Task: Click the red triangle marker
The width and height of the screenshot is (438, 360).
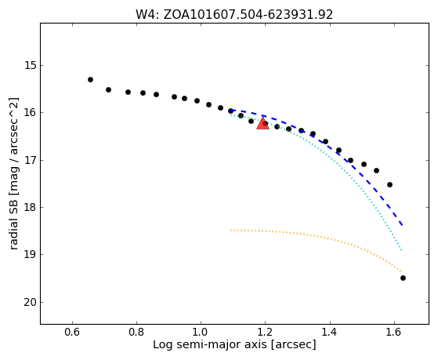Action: tap(262, 123)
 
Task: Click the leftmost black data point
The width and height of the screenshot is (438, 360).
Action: tap(90, 80)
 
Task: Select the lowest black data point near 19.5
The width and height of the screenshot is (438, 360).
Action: tap(403, 278)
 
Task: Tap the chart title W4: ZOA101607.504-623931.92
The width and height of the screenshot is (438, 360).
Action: tap(234, 15)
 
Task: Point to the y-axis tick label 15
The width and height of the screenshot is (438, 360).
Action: tap(31, 66)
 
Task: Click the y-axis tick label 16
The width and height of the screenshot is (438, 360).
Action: tap(31, 113)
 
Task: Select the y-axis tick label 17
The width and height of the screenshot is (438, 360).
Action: tap(31, 161)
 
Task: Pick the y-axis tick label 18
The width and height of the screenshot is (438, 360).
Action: tap(31, 208)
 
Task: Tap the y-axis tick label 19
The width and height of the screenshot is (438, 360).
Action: tap(31, 255)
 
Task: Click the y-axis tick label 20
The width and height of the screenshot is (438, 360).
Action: tap(31, 303)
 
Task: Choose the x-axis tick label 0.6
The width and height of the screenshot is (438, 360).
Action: tap(72, 332)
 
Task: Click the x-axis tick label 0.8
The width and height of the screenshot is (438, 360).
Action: tap(136, 332)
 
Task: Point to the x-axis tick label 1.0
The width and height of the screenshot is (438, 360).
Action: tap(201, 332)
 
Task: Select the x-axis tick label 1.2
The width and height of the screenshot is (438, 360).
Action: tap(265, 332)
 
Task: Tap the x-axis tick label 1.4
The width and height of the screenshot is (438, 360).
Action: tap(330, 332)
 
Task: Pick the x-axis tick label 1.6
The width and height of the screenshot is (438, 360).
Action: tap(394, 332)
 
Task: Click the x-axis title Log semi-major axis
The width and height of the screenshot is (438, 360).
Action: tap(210, 345)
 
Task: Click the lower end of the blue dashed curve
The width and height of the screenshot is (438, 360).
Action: tap(402, 225)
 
